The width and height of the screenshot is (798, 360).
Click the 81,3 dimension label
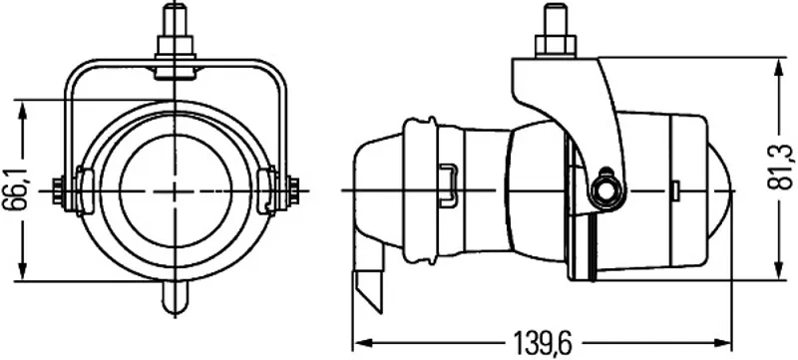[780, 167]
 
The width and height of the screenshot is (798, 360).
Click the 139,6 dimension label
[543, 343]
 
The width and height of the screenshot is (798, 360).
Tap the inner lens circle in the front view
[176, 191]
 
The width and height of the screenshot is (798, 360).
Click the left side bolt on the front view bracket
[58, 190]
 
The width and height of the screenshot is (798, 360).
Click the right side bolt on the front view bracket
[293, 190]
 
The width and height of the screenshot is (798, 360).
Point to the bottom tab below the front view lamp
[176, 296]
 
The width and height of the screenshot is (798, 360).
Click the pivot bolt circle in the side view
[607, 190]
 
